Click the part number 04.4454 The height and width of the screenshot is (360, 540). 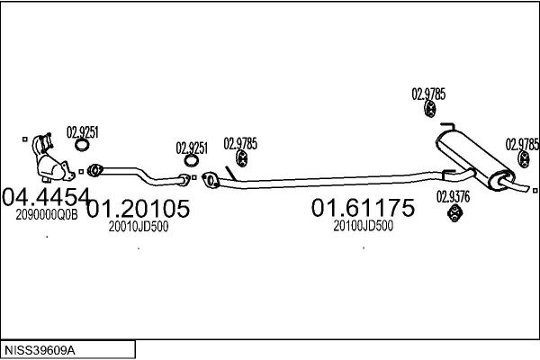pyautogui.click(x=46, y=197)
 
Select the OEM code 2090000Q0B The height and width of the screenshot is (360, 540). pyautogui.click(x=47, y=215)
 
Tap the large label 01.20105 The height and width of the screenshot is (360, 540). pyautogui.click(x=138, y=209)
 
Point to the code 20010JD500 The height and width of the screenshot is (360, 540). pyautogui.click(x=139, y=226)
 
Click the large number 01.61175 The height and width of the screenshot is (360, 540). pyautogui.click(x=363, y=208)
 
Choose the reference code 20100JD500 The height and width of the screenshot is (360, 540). pyautogui.click(x=364, y=226)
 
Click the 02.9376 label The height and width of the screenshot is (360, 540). pyautogui.click(x=453, y=197)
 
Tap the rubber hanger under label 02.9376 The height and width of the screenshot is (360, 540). pyautogui.click(x=454, y=213)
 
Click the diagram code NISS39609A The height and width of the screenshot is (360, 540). pyautogui.click(x=40, y=351)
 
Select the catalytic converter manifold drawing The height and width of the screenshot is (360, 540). pyautogui.click(x=51, y=158)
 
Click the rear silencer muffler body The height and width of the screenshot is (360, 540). pyautogui.click(x=475, y=158)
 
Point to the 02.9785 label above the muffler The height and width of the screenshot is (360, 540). pyautogui.click(x=428, y=94)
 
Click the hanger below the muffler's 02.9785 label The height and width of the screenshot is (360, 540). pyautogui.click(x=430, y=109)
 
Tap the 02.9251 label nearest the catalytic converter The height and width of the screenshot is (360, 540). pyautogui.click(x=82, y=132)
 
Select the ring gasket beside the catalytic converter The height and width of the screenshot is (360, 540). pyautogui.click(x=82, y=145)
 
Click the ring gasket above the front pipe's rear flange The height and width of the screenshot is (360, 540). pyautogui.click(x=192, y=160)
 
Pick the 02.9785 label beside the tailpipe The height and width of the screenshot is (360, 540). pyautogui.click(x=522, y=144)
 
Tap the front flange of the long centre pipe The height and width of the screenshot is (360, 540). pyautogui.click(x=211, y=180)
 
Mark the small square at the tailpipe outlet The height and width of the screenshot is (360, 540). pyautogui.click(x=535, y=191)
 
